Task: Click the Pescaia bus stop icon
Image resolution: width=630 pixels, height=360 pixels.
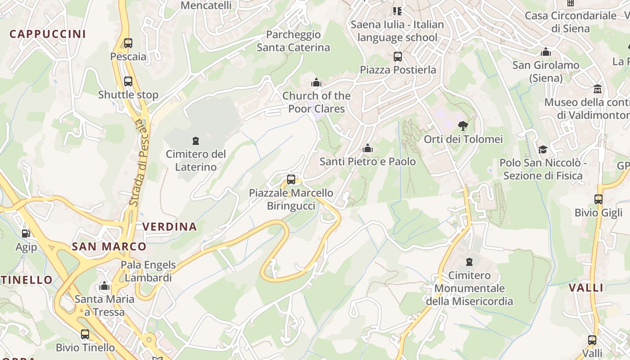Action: click(128, 43)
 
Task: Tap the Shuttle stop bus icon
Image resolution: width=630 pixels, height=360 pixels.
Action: click(128, 81)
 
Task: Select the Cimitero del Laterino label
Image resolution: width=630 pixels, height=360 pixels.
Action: click(196, 161)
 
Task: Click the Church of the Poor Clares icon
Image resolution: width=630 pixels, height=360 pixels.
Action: click(316, 82)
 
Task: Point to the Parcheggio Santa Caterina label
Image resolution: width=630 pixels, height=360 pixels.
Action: click(293, 41)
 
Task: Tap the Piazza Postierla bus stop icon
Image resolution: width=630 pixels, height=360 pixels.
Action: click(398, 57)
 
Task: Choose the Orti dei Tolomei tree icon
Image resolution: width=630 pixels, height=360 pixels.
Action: click(463, 126)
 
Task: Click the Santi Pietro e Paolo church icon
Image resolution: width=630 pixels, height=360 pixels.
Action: click(368, 148)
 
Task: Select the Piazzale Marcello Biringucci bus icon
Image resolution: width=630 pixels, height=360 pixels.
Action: click(291, 180)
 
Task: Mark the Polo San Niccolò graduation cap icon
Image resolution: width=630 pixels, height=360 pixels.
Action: click(543, 149)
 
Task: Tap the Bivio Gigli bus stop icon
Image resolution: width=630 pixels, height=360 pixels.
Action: click(598, 199)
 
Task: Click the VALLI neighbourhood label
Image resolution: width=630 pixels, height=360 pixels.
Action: click(585, 288)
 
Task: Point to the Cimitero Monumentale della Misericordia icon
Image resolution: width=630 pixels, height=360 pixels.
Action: click(469, 262)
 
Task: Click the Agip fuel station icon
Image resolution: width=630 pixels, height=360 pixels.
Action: click(26, 234)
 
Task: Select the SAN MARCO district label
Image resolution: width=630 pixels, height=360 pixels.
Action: click(109, 247)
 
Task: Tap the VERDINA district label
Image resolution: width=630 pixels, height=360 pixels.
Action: click(170, 227)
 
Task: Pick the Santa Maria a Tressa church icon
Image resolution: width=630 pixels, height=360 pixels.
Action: click(104, 286)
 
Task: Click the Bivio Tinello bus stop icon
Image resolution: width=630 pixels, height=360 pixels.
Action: click(85, 334)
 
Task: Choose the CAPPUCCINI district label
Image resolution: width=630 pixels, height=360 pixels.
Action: click(48, 34)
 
